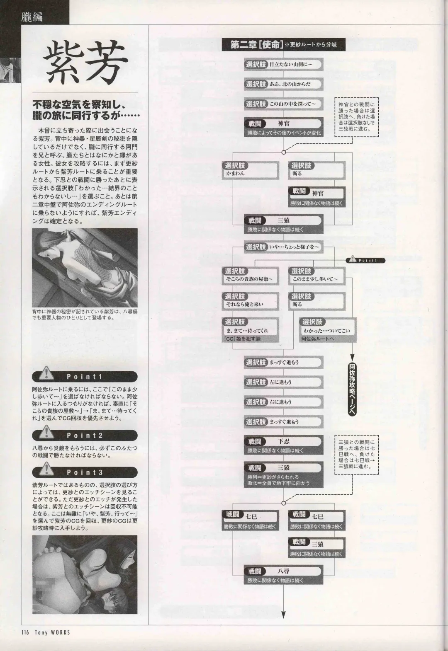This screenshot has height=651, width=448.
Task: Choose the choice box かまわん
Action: click(250, 169)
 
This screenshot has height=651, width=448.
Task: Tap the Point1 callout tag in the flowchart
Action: click(365, 260)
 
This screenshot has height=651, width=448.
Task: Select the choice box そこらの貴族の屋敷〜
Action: click(250, 275)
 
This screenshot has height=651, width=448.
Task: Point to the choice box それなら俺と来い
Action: click(250, 300)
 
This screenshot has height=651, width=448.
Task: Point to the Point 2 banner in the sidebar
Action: click(85, 436)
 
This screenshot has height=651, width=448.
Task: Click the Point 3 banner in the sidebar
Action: click(85, 472)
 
